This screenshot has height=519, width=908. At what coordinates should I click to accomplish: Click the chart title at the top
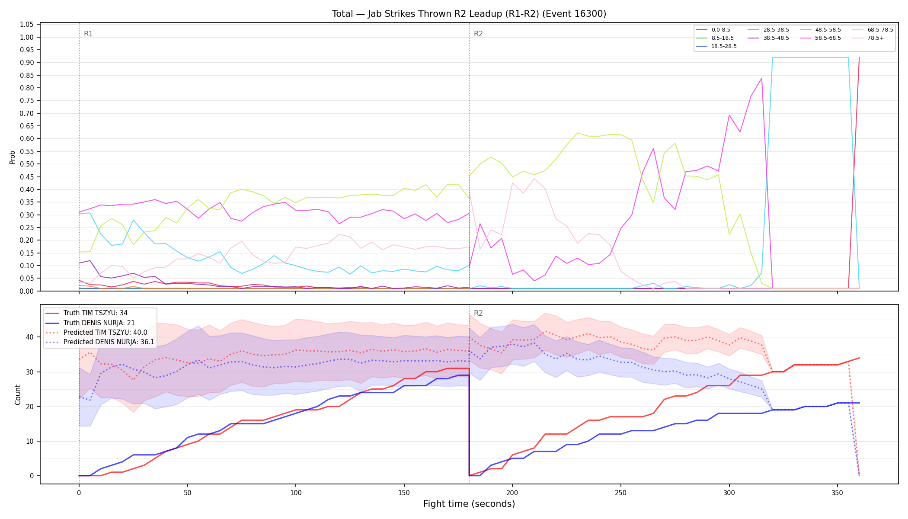point(469,14)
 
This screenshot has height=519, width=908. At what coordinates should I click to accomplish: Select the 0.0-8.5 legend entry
point(713,30)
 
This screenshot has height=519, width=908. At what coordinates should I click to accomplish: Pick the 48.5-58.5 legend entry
point(820,30)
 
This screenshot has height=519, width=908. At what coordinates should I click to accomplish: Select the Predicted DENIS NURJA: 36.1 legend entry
point(100,342)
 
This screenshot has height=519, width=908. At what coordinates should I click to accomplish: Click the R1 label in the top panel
point(88,34)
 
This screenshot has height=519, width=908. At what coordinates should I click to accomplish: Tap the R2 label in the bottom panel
point(478,313)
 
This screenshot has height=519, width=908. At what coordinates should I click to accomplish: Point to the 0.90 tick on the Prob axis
point(27,62)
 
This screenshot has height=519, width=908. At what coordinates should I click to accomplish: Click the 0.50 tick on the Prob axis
point(27,164)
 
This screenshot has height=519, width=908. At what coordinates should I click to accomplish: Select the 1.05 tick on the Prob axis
point(27,24)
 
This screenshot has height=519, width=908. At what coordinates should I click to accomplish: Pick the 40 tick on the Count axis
point(30,337)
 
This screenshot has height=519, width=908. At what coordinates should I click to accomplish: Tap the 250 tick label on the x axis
point(620,493)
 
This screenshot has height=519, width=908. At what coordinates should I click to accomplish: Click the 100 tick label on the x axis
point(295,493)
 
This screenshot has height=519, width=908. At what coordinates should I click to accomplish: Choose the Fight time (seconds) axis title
point(469,504)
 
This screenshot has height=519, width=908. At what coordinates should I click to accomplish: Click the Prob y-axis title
point(13,157)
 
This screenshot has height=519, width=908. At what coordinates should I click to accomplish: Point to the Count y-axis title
point(18,394)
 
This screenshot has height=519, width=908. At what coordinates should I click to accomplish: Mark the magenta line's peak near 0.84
point(761,78)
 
